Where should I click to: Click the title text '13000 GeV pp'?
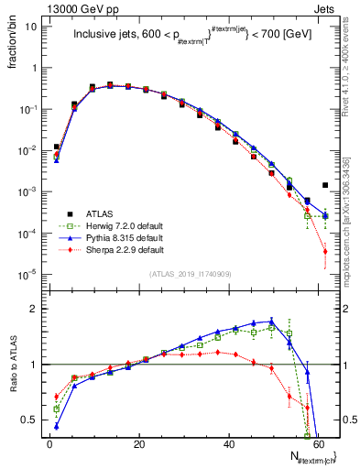(x=45, y=8)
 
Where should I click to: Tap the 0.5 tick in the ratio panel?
(x=34, y=420)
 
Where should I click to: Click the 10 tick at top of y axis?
(x=34, y=27)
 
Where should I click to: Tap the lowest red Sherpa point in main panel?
(x=325, y=252)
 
